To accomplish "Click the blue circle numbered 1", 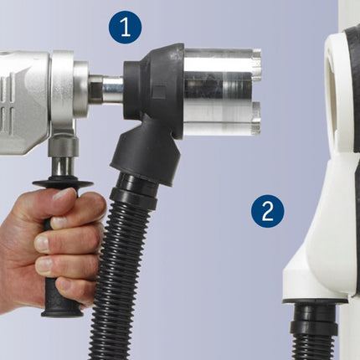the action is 126,27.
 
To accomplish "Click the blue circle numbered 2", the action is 268,211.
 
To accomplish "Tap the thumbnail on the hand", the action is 64,194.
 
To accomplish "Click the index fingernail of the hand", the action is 59,223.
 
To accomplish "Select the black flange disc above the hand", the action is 63,183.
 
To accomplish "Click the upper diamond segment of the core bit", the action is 256,61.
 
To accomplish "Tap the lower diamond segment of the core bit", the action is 255,118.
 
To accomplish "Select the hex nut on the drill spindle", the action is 95,90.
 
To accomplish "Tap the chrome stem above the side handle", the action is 63,167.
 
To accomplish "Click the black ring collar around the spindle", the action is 131,90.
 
